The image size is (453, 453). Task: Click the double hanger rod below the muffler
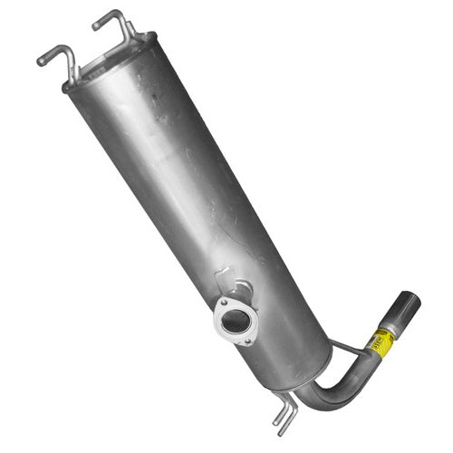(x=284, y=412)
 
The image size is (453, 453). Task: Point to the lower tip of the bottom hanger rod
(x=278, y=421)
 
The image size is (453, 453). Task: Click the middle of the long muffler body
(x=190, y=199)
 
